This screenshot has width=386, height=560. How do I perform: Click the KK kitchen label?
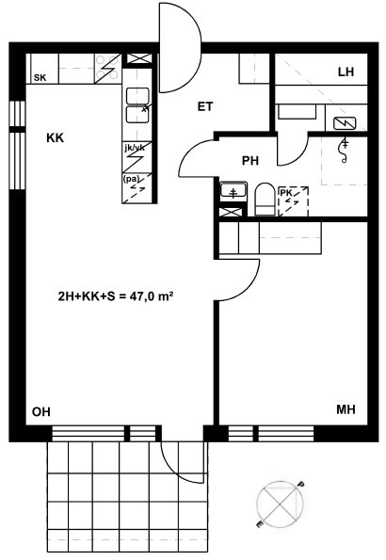[x=55, y=137]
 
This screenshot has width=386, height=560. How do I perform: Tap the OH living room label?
[x=41, y=412]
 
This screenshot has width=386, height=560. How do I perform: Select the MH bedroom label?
[x=346, y=409]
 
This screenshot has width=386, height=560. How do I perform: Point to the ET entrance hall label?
[x=205, y=106]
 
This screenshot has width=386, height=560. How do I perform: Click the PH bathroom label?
[x=250, y=161]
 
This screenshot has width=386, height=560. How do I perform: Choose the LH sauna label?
[x=346, y=72]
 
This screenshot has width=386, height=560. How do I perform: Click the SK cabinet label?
[x=40, y=77]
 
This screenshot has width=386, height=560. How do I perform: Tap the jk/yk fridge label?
[x=135, y=148]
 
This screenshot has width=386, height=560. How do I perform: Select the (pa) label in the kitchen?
[x=132, y=179]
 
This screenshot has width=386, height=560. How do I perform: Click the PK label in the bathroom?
[x=286, y=193]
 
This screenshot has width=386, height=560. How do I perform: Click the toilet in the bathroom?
[x=265, y=200]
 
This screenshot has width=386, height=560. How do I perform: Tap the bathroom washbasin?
[x=233, y=190]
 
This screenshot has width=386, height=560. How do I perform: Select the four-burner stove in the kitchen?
[x=107, y=69]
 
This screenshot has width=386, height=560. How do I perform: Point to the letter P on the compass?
[x=301, y=485]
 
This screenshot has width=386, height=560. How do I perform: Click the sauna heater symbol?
[x=345, y=123]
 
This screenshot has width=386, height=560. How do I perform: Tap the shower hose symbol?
[x=345, y=151]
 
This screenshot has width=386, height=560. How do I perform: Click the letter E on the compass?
[x=260, y=523]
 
